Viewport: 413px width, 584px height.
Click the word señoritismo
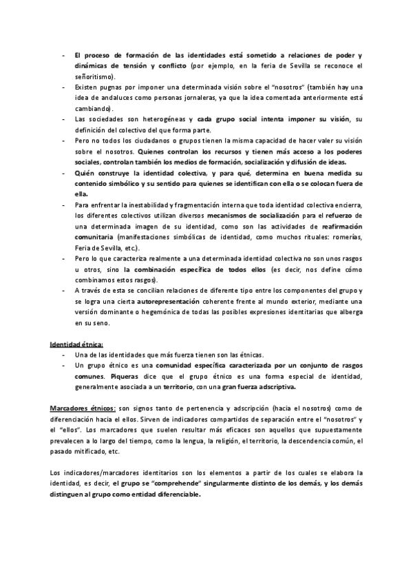[96, 76]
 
